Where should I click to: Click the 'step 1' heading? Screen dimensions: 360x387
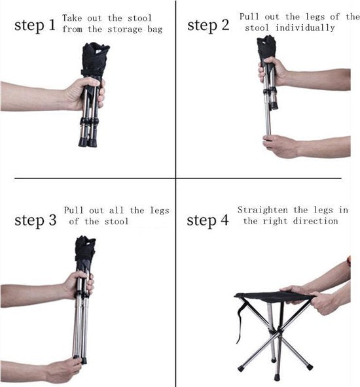click(35, 25)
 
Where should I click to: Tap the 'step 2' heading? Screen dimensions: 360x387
click(208, 25)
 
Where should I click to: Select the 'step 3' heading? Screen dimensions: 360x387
click(35, 220)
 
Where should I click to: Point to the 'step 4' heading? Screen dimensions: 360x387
click(207, 220)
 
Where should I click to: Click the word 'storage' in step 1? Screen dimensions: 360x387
click(125, 29)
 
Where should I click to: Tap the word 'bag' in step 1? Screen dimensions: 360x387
click(155, 29)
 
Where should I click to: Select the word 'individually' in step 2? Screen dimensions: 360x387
click(305, 27)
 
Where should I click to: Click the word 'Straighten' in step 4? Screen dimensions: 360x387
click(262, 210)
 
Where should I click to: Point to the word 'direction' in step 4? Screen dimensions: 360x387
click(315, 221)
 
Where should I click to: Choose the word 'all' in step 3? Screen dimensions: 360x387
click(116, 210)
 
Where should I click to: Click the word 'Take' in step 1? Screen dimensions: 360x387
click(72, 18)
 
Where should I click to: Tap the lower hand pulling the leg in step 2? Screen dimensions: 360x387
click(279, 146)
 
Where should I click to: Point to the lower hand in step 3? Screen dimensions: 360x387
click(62, 370)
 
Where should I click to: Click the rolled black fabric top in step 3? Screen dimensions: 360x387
click(84, 249)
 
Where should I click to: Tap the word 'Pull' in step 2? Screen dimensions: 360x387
click(249, 17)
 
